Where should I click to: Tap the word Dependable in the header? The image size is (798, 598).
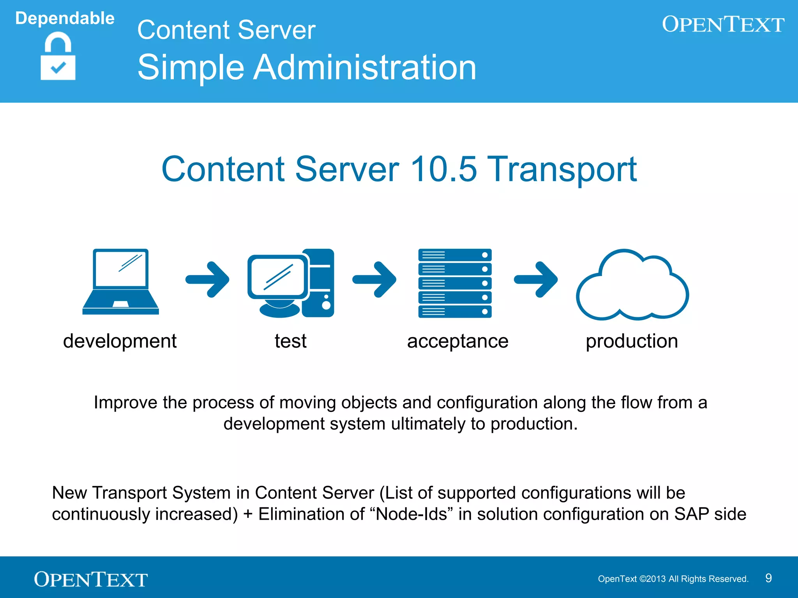[x=65, y=18]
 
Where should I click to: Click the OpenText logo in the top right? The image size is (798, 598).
[x=723, y=24]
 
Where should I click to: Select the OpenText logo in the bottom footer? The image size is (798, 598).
[x=90, y=579]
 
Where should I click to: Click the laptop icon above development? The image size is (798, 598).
[x=120, y=282]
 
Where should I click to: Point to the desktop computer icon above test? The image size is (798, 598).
[x=291, y=283]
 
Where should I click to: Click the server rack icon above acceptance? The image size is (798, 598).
[x=455, y=283]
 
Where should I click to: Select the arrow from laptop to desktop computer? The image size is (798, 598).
[x=208, y=279]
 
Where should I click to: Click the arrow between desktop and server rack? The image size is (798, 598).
[x=374, y=279]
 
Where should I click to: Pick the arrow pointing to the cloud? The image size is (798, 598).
[x=536, y=279]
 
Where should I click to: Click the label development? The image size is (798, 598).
[x=120, y=341]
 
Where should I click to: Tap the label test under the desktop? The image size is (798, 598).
[x=290, y=341]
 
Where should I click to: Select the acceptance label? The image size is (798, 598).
[x=457, y=341]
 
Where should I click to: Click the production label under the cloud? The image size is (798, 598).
[x=632, y=341]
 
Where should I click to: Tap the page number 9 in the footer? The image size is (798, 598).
[x=768, y=578]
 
